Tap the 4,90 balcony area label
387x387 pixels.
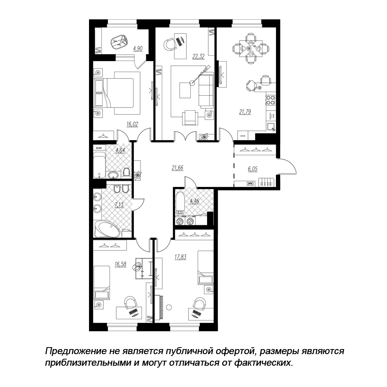[x=138, y=49]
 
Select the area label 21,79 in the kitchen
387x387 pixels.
[x=245, y=112]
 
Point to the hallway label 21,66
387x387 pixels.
[x=178, y=168]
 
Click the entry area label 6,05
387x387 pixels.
[x=252, y=169]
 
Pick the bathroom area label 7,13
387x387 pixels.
[x=119, y=205]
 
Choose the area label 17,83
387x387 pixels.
[x=180, y=257]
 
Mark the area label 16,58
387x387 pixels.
[x=120, y=264]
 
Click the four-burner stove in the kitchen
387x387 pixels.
[x=271, y=100]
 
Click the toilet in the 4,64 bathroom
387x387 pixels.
[x=127, y=172]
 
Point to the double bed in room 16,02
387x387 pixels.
[x=116, y=93]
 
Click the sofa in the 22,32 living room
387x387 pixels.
[x=206, y=91]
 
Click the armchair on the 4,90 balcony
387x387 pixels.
[x=120, y=42]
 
